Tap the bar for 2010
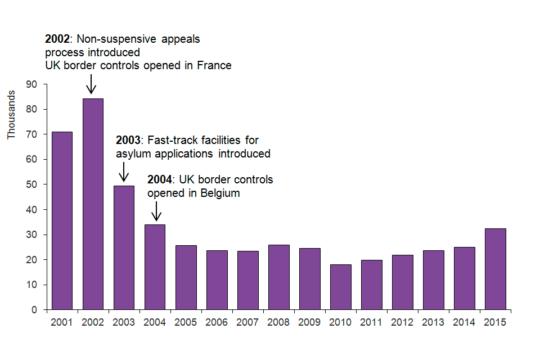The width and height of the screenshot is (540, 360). coord(340,287)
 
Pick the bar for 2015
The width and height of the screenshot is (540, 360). coord(495,269)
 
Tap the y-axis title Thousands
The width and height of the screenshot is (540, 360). coord(11,115)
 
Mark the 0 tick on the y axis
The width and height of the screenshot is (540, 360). coord(34,310)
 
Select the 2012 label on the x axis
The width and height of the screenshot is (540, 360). coord(402,323)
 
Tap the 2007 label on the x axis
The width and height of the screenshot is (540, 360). coord(247,323)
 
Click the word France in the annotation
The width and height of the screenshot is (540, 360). coord(214,66)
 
